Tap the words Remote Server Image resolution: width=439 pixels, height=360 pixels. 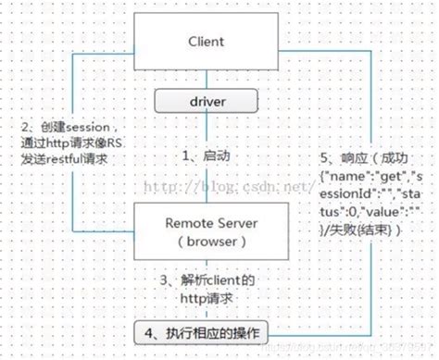tap(210, 222)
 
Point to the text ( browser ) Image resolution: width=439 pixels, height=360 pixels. tap(210, 242)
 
